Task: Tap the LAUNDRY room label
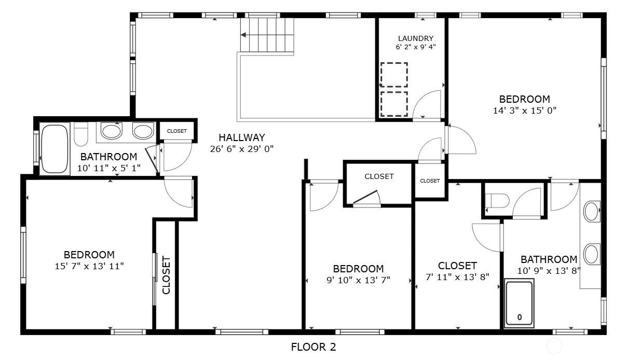(x=415, y=38)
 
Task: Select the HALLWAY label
(x=241, y=137)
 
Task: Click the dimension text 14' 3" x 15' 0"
(x=524, y=110)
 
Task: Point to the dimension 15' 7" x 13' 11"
(x=89, y=266)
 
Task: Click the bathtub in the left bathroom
(x=54, y=149)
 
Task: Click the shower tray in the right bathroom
(x=519, y=303)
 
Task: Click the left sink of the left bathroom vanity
(x=111, y=131)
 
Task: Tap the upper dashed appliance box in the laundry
(x=394, y=75)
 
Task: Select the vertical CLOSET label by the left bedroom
(x=166, y=275)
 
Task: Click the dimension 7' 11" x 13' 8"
(x=457, y=276)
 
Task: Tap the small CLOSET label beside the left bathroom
(x=177, y=131)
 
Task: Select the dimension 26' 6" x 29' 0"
(x=241, y=149)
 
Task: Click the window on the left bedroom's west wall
(x=23, y=255)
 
